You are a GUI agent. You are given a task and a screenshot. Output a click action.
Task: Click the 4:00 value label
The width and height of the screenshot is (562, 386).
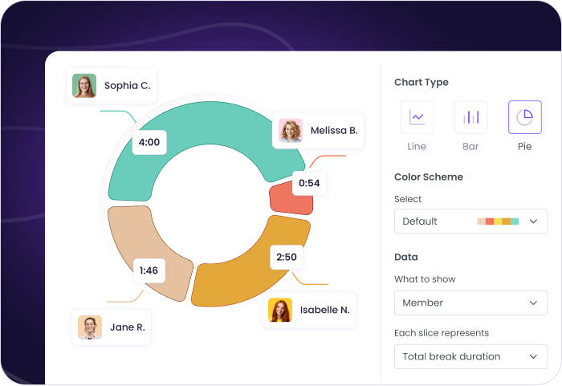tap(149, 142)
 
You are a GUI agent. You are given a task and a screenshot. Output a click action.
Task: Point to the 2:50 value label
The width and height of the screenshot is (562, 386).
tap(287, 257)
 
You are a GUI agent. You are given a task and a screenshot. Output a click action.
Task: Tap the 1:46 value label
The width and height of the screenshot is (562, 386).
tap(149, 270)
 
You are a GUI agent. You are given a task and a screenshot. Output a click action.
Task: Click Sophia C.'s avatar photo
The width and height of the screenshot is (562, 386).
tap(84, 85)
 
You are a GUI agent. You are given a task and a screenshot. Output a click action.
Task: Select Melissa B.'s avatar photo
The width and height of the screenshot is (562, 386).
tap(290, 130)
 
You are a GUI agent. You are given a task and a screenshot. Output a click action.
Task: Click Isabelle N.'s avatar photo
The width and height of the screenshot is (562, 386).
tap(280, 310)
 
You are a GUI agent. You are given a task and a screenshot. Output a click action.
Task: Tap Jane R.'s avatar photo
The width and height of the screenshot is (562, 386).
tap(90, 327)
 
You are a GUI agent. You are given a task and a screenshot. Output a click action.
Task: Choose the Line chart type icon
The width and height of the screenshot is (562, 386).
tap(417, 117)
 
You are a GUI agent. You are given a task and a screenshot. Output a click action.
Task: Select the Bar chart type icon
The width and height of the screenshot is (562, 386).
tap(470, 117)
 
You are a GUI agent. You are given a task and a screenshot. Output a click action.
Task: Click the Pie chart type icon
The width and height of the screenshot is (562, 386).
tap(524, 117)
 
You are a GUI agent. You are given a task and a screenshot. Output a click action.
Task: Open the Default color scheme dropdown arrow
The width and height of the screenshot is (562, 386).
tap(533, 221)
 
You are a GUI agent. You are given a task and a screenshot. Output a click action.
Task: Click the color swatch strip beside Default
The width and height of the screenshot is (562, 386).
tap(498, 221)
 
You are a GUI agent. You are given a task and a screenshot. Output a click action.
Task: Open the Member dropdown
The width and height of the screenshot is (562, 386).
tap(470, 303)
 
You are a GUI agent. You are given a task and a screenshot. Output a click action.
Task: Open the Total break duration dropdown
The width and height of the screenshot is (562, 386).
tap(470, 356)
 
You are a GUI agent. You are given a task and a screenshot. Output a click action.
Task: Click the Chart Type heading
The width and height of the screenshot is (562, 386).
tap(421, 82)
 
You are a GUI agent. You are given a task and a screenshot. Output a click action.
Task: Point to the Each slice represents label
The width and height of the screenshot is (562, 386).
tap(442, 332)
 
